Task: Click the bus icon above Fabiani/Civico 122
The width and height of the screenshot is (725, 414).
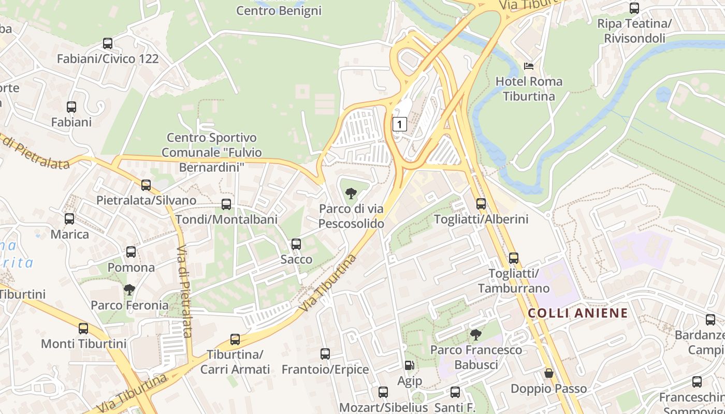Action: tap(108, 43)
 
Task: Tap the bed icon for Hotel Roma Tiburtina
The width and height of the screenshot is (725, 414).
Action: tap(529, 66)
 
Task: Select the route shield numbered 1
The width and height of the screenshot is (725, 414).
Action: tap(399, 124)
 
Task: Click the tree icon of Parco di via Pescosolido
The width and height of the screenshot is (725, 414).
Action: tap(351, 194)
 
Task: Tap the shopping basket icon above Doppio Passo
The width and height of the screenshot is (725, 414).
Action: tap(549, 373)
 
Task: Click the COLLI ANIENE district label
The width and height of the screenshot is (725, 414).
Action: tap(578, 313)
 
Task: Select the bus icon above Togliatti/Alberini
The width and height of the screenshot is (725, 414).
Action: tap(481, 204)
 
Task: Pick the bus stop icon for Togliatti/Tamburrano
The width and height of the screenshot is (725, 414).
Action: tap(513, 258)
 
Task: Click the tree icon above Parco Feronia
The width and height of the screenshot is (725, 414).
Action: tap(129, 290)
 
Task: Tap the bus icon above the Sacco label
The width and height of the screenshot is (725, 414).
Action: tap(296, 244)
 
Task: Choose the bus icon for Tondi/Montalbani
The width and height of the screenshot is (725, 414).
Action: tap(226, 204)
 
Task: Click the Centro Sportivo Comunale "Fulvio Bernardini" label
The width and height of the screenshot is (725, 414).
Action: tap(211, 153)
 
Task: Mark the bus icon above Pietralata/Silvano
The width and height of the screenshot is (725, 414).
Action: tap(146, 185)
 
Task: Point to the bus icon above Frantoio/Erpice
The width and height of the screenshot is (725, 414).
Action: tap(325, 354)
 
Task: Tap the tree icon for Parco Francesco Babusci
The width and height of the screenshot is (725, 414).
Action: tap(476, 335)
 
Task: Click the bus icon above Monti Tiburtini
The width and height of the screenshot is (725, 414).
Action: tap(83, 328)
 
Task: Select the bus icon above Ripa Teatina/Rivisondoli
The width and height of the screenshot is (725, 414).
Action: tap(634, 8)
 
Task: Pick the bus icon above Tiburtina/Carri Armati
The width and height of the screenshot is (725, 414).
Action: tap(235, 339)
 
